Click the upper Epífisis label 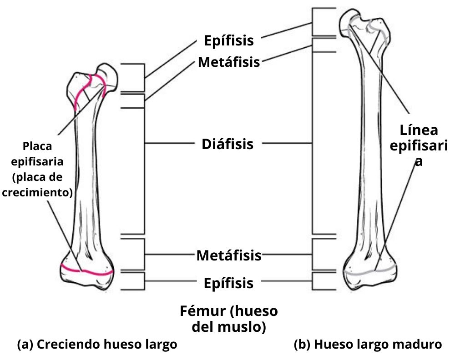[x=228, y=41]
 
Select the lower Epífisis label [x=228, y=283]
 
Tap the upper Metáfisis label [x=229, y=62]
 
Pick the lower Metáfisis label [x=229, y=255]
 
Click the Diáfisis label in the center [x=227, y=145]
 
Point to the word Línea [x=419, y=131]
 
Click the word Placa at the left [x=37, y=147]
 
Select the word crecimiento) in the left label [x=37, y=192]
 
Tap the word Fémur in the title [x=203, y=312]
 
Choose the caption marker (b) [x=302, y=344]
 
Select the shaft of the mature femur [x=371, y=150]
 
